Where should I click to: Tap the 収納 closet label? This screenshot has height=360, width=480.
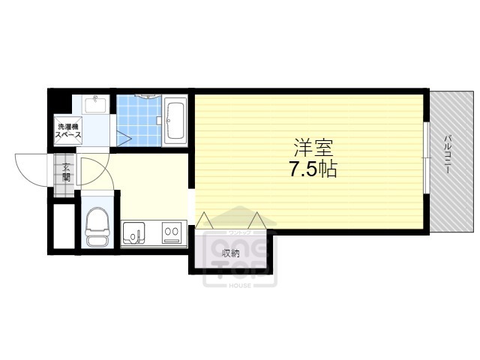click(230, 253)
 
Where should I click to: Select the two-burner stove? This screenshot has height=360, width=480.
click(172, 234)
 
